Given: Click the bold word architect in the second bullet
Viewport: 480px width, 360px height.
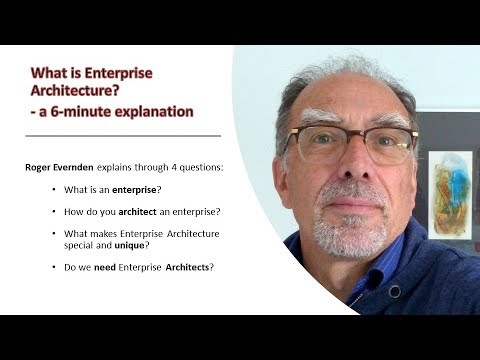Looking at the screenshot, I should tap(137, 211).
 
